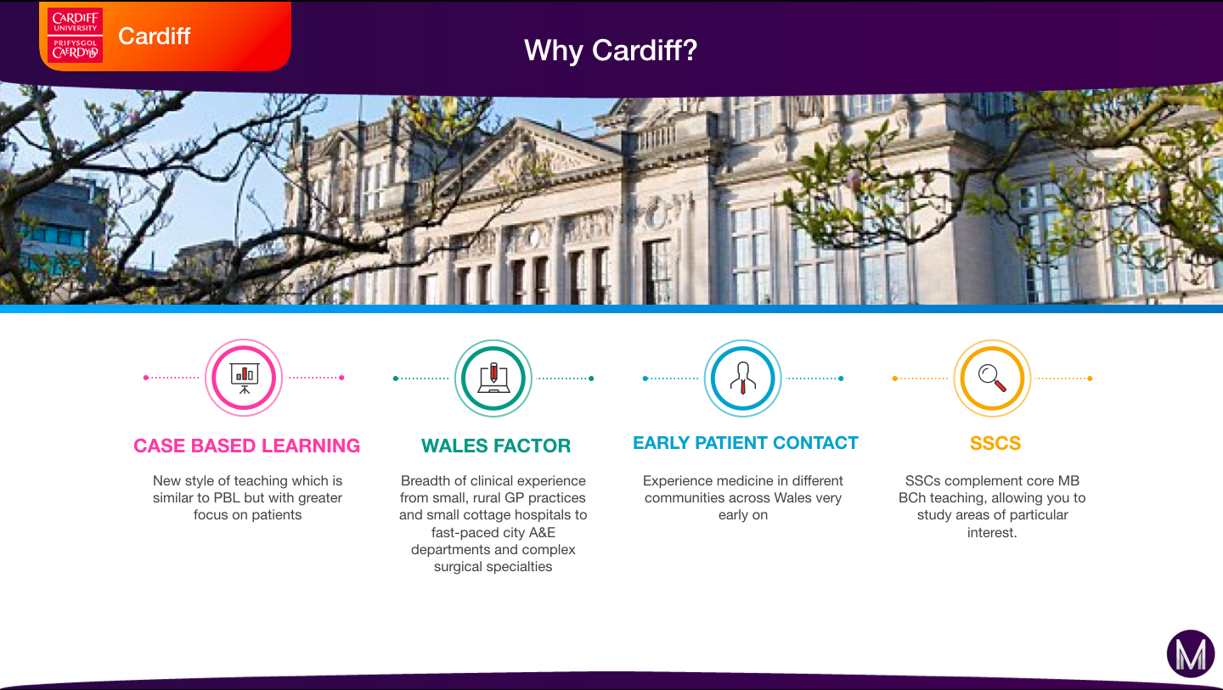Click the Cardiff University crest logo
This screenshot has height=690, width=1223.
76,36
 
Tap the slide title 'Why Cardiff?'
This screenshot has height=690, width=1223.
611,50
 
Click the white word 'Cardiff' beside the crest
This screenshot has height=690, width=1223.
154,36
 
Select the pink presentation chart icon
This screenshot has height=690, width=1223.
244,378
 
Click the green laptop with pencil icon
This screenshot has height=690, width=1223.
493,378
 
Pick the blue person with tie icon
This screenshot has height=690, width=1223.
742,378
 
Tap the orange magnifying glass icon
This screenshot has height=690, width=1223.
992,378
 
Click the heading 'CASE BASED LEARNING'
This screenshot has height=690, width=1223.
247,446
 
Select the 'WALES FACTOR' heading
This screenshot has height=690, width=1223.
496,446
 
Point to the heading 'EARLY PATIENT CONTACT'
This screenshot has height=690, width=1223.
746,443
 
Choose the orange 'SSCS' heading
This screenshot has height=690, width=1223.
995,443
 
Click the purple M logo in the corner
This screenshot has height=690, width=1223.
1191,654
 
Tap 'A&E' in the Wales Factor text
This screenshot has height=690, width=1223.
542,532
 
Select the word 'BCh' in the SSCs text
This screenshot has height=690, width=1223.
912,498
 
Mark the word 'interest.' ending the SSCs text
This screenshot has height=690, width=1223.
992,532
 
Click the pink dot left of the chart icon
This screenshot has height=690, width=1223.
146,378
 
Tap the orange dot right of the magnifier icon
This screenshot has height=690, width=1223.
1090,379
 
